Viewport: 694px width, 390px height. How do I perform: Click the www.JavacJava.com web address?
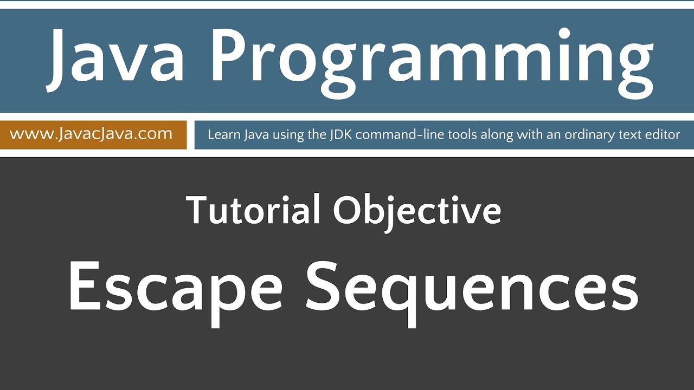pos(91,134)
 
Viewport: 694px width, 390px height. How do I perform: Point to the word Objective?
pos(416,211)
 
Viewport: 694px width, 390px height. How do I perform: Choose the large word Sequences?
pos(472,287)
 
